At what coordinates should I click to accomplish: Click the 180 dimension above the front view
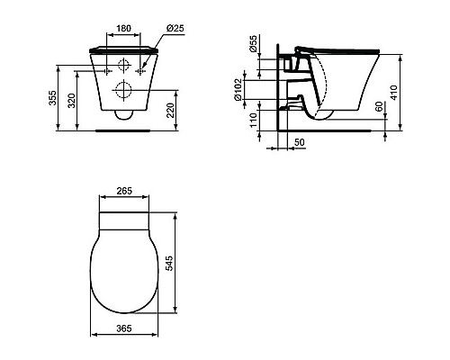coord(123,27)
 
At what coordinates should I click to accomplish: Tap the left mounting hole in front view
coord(108,67)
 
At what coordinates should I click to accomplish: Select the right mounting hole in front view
coord(139,67)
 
